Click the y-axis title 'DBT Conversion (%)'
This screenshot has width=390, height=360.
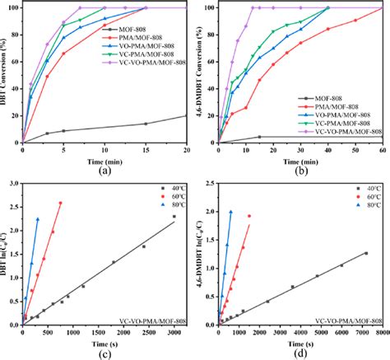pos(6,74)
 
